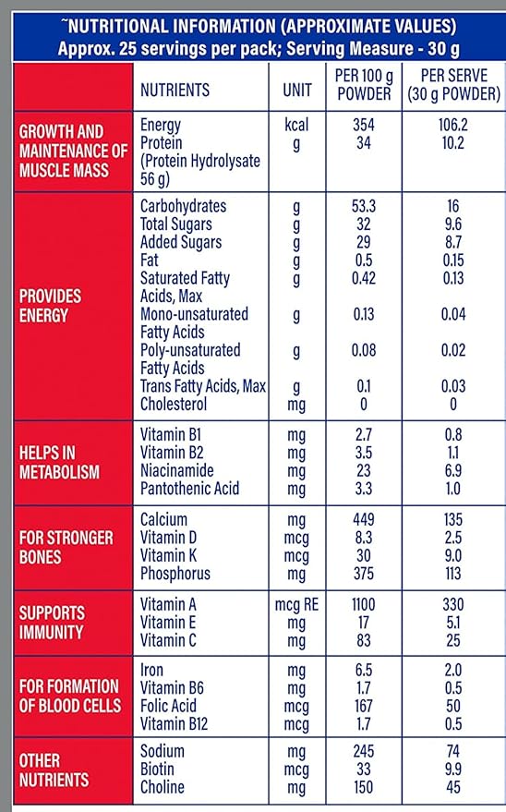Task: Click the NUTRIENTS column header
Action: coord(175,90)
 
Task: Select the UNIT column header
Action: coord(296,90)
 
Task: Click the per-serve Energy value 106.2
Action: coord(452,125)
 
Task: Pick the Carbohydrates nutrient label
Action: coord(183,206)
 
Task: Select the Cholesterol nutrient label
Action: coord(174,404)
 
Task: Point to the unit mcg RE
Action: coord(296,604)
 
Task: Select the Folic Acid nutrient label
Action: coord(171,707)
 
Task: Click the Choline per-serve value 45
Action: coord(452,787)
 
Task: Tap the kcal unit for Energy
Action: coord(296,125)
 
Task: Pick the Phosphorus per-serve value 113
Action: coord(452,573)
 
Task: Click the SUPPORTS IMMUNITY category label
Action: coord(53,623)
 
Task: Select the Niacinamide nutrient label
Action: coord(176,470)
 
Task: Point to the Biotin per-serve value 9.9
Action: coord(452,770)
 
